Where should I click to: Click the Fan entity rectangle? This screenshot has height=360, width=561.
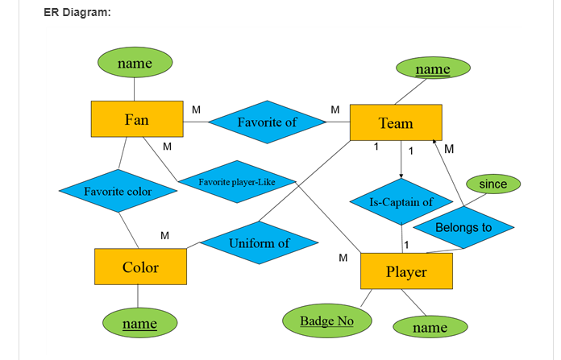[x=136, y=120]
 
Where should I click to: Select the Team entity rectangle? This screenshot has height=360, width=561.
[x=396, y=123]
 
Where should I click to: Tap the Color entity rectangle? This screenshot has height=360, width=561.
[x=140, y=267]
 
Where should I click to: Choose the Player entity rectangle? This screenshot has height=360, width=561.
[x=406, y=271]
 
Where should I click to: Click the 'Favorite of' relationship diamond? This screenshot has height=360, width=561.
[x=267, y=122]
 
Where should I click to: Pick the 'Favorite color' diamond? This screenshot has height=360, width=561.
[x=118, y=192]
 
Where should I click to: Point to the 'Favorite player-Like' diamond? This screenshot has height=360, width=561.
[x=237, y=182]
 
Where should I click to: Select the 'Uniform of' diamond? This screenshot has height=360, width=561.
[x=259, y=243]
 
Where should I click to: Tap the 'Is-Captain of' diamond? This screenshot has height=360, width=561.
[x=401, y=202]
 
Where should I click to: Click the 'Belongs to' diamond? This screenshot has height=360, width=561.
[x=463, y=228]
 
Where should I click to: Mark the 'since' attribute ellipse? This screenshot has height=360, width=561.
[x=493, y=184]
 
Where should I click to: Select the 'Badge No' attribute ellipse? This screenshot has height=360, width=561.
[x=327, y=321]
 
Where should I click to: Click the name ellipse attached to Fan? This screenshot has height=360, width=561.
[x=135, y=63]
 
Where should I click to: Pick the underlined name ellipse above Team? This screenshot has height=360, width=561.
[x=433, y=69]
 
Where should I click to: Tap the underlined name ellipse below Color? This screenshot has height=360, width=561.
[x=139, y=324]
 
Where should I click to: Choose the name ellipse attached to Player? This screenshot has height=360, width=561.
[x=430, y=328]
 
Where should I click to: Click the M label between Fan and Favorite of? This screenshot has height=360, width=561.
[x=196, y=108]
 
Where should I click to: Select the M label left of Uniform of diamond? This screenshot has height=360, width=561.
[x=164, y=235]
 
